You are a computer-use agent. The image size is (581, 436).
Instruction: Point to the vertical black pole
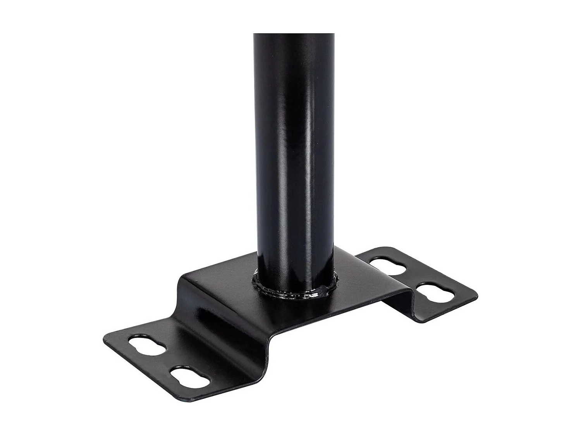click(x=294, y=155)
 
